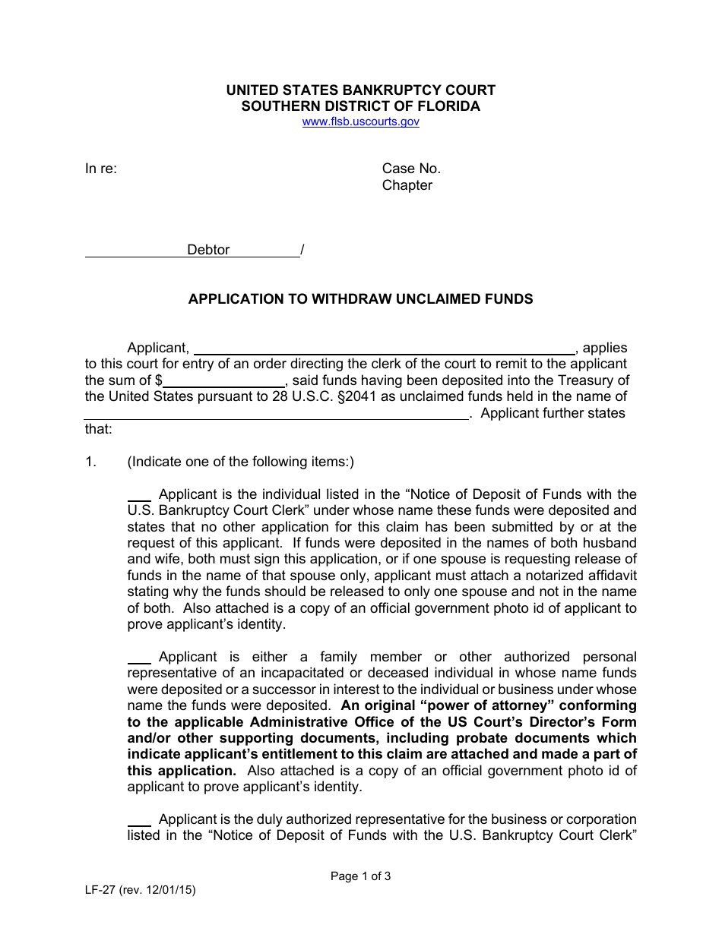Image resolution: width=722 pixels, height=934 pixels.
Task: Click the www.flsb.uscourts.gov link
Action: (x=360, y=121)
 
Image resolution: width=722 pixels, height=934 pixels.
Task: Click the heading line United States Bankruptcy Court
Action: (x=360, y=90)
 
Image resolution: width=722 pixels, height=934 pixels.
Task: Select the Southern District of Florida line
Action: (x=360, y=106)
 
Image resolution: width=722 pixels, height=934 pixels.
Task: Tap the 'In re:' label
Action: (x=101, y=169)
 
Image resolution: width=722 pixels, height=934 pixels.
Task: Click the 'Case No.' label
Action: (x=411, y=169)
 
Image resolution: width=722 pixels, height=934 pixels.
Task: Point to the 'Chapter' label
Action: (x=407, y=185)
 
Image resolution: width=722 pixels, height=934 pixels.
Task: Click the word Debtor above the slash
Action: (x=208, y=250)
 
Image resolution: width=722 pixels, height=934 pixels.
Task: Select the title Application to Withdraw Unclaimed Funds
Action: (x=360, y=299)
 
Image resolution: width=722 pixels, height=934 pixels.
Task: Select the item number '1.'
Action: (x=91, y=462)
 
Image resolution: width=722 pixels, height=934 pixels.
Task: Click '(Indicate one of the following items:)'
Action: (x=240, y=462)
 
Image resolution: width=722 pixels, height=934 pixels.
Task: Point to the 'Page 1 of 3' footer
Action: (x=360, y=876)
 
